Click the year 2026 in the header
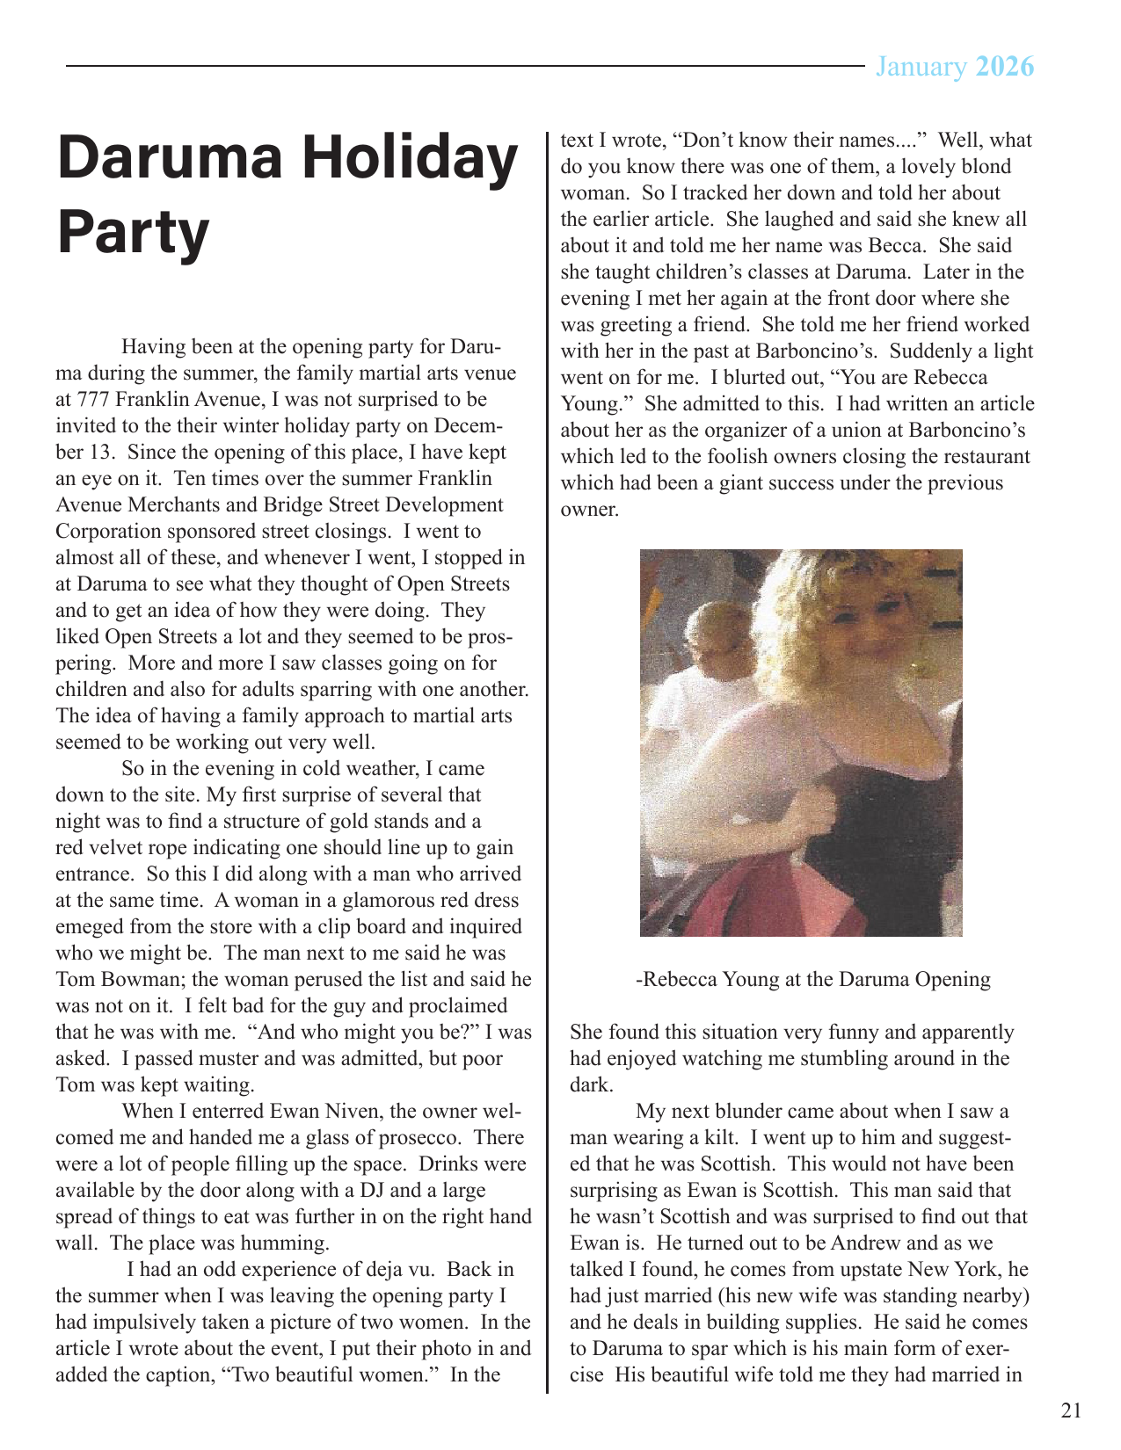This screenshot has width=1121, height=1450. coord(1005,68)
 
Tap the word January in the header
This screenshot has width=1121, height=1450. coord(921,68)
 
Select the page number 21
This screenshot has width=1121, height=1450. coord(1071,1410)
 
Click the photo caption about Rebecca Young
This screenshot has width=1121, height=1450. coord(812,980)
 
